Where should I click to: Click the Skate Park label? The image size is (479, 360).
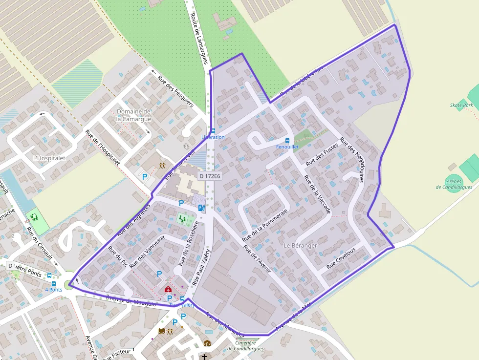tap(461, 106)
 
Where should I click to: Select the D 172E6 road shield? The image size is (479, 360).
tap(210, 176)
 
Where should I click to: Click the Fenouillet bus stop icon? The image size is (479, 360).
tap(287, 141)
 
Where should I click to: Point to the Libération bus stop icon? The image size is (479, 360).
tap(213, 131)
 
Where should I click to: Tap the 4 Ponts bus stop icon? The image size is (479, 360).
tap(53, 283)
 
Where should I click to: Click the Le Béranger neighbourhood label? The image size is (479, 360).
tap(300, 245)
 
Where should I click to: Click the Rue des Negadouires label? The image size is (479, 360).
tap(352, 160)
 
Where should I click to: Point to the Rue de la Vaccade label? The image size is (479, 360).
tap(317, 194)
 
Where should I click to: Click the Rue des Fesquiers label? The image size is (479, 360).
tap(175, 90)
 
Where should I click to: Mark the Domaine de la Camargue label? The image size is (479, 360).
tap(134, 115)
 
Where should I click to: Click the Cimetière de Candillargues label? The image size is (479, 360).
tap(245, 346)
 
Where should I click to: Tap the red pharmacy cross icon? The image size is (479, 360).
tap(168, 289)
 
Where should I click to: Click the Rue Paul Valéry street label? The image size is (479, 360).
tap(201, 267)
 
